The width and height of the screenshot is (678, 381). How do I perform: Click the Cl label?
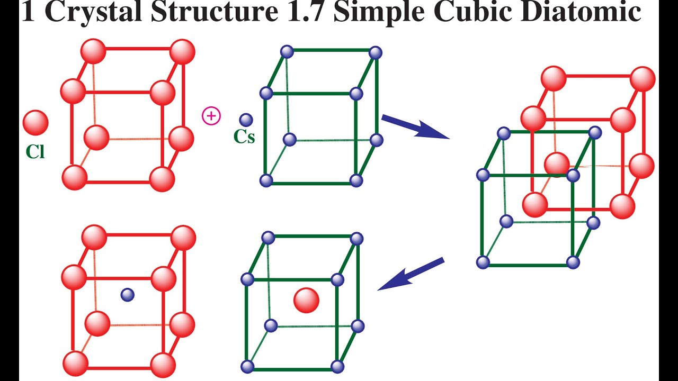point(35,152)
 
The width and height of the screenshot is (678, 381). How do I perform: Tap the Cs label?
point(244,137)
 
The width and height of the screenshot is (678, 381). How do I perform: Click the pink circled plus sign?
point(211,115)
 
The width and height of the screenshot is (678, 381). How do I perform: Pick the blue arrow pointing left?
point(411,274)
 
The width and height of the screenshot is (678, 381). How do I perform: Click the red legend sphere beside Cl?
point(35,122)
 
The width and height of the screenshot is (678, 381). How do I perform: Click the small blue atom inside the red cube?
point(127,295)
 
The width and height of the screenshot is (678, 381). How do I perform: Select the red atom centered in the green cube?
point(306,301)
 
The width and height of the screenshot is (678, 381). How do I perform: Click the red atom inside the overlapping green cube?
point(557,164)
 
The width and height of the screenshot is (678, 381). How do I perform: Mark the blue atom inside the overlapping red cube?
point(573,175)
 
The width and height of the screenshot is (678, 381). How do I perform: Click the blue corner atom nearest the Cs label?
point(266,94)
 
